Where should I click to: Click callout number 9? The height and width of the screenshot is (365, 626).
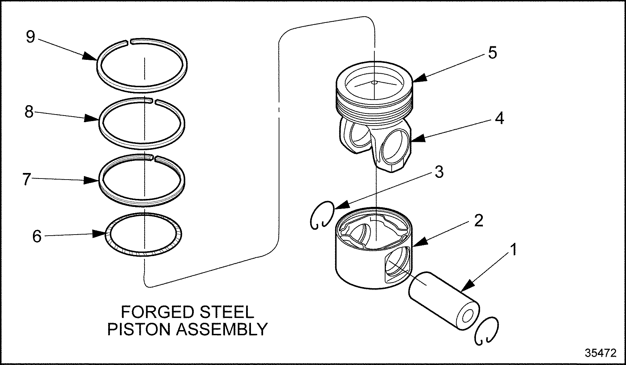click(x=31, y=36)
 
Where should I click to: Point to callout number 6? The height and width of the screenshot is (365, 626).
click(x=37, y=236)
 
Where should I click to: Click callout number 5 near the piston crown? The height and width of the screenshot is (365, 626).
click(x=492, y=53)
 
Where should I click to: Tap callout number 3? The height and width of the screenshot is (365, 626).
click(x=439, y=172)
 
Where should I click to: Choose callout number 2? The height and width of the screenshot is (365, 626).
click(x=478, y=220)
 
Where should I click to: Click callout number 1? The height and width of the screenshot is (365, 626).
click(x=513, y=249)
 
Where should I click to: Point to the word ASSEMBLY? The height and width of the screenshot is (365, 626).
click(x=222, y=329)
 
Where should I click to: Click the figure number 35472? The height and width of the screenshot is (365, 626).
click(x=601, y=353)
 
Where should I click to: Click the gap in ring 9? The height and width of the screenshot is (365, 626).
click(x=128, y=42)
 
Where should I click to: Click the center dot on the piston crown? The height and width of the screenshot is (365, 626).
click(x=374, y=82)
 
